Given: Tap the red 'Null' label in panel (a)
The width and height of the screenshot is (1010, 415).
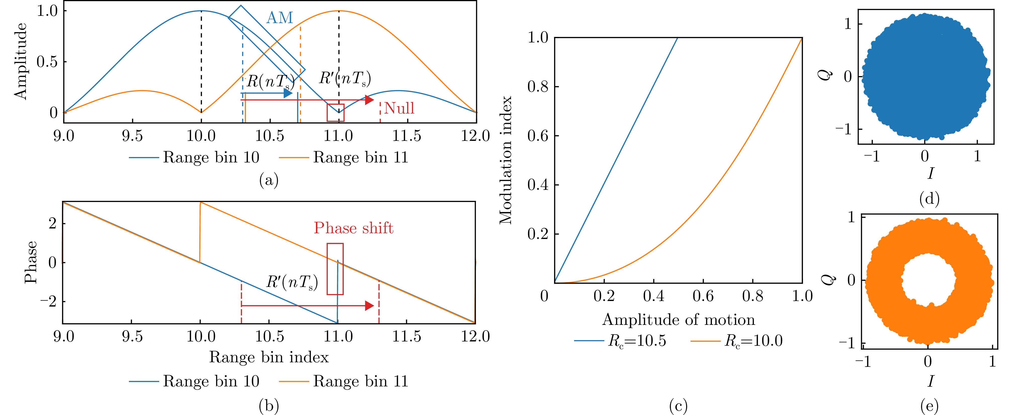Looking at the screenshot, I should coord(399,108).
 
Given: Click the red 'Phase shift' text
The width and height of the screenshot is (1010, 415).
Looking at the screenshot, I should coord(353,228).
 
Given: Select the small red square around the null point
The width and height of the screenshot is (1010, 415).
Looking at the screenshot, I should coord(336,113).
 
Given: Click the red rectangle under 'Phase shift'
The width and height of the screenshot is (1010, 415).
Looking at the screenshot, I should coord(335,269).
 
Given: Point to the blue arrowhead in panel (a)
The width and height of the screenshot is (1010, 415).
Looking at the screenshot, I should coord(288,93).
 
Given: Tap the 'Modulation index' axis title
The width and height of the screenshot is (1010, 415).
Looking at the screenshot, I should coord(506,160).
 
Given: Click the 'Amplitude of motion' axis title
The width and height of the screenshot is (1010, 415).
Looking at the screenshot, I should coord(678,319).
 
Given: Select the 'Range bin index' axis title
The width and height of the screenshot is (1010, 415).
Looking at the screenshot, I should coord(269,357).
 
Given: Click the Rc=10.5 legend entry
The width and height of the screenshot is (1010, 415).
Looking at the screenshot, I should coord(620,341).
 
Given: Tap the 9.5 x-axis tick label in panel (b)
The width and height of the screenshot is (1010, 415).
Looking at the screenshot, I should coord(132,336).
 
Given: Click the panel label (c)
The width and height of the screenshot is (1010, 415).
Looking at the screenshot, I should coord(678,406).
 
